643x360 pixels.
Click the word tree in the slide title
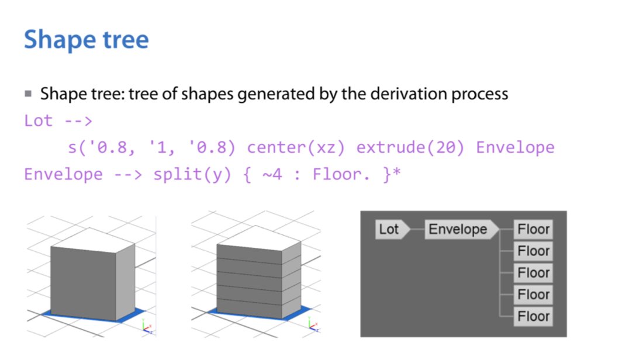point(123,40)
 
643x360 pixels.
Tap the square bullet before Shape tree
point(28,94)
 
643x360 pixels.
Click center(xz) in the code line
point(296,147)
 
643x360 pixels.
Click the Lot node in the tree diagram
point(389,229)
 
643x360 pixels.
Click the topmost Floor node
point(533,229)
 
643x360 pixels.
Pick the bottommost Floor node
point(533,317)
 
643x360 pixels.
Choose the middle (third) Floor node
point(533,273)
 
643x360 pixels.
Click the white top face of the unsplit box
point(94,239)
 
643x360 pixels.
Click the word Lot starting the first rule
point(38,121)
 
